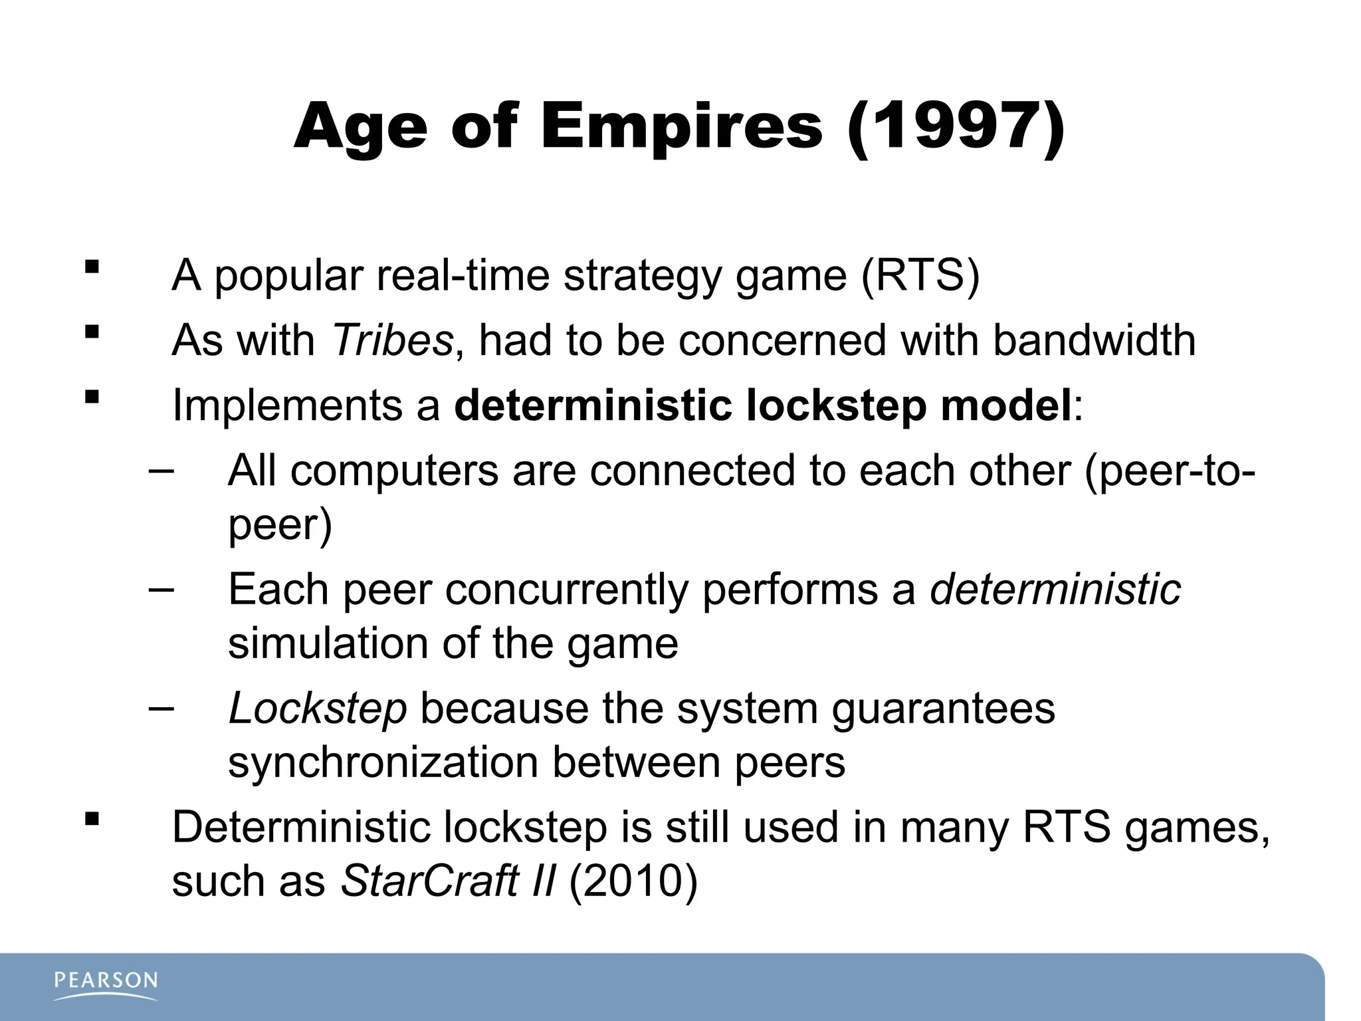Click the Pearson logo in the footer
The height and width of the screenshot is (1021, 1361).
pos(106,984)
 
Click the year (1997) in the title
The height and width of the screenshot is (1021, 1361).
pos(956,126)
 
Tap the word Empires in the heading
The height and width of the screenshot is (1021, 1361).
pos(681,126)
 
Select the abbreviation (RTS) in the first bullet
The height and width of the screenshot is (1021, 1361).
pos(920,275)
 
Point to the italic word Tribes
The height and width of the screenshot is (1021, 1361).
pos(391,340)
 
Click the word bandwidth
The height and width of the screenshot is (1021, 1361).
pos(1094,340)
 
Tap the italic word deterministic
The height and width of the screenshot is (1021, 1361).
pos(1055,589)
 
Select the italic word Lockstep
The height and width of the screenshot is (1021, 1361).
pos(317,708)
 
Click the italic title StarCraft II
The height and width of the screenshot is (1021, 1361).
pos(447,881)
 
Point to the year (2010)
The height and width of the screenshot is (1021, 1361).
pos(633,881)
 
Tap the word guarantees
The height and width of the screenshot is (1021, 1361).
pos(943,708)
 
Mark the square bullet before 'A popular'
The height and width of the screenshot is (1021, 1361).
pos(92,268)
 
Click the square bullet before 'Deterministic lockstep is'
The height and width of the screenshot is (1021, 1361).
pos(92,818)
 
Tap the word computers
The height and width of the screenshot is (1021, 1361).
pos(394,471)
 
